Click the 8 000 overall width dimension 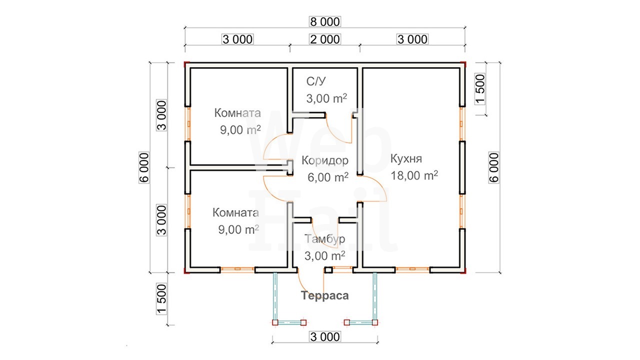click(325, 21)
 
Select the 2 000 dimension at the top click(325, 39)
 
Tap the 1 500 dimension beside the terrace click(161, 299)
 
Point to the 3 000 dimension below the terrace click(325, 337)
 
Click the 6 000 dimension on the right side click(494, 167)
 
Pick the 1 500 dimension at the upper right click(480, 89)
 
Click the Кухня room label click(406, 159)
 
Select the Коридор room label click(325, 160)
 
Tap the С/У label click(315, 81)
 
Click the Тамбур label click(324, 239)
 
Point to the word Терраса click(325, 295)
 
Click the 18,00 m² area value click(414, 175)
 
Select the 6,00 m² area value click(327, 177)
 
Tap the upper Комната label click(237, 113)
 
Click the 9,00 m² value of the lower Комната click(238, 229)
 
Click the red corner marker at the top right click(463, 64)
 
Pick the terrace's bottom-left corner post click(275, 322)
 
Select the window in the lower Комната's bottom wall click(237, 269)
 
